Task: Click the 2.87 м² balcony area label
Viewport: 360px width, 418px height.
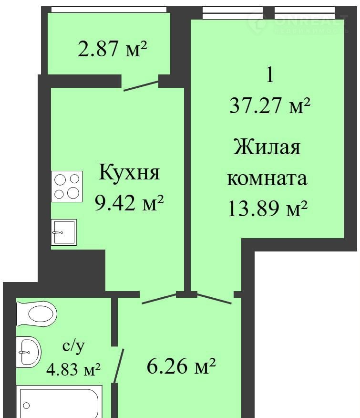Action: (x=112, y=49)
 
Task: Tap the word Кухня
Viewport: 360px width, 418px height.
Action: (x=129, y=173)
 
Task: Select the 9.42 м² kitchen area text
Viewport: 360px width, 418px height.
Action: (x=129, y=203)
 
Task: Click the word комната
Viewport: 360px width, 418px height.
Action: (x=267, y=178)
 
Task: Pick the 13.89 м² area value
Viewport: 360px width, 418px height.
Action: (x=267, y=209)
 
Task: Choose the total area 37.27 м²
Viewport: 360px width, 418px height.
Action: (x=270, y=105)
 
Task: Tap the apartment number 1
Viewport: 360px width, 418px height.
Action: (x=270, y=75)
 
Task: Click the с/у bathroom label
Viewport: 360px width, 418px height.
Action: (x=73, y=346)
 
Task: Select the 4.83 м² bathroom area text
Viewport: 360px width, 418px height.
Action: (x=73, y=369)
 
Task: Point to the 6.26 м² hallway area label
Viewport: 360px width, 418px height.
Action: (x=181, y=366)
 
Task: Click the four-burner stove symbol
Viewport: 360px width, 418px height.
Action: (x=67, y=187)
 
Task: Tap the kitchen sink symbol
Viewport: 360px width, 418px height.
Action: (x=64, y=232)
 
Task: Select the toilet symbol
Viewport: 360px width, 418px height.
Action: (x=37, y=313)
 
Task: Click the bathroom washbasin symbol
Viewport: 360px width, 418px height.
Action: (x=29, y=352)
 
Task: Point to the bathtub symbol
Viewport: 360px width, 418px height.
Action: (x=59, y=401)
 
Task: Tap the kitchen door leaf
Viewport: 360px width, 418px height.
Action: (x=159, y=299)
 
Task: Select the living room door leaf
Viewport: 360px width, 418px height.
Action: (x=214, y=299)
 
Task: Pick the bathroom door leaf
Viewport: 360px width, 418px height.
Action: (x=119, y=366)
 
